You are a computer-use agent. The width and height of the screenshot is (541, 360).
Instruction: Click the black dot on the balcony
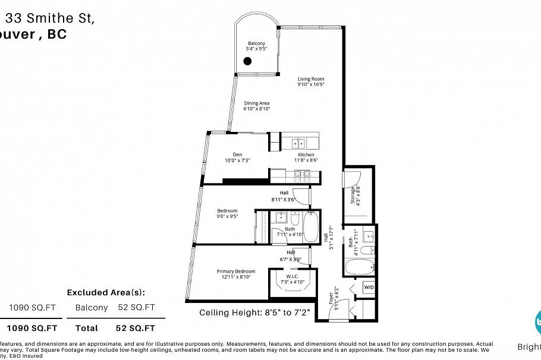pyautogui.click(x=247, y=61)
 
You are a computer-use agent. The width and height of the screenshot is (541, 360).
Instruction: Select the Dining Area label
pyautogui.click(x=257, y=103)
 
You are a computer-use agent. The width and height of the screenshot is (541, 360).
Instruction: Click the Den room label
pyautogui.click(x=229, y=154)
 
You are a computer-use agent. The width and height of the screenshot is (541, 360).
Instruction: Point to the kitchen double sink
pyautogui.click(x=297, y=143)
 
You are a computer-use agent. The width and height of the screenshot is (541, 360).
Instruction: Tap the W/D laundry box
pyautogui.click(x=368, y=288)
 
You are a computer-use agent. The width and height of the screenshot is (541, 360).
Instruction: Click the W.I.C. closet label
pyautogui.click(x=292, y=276)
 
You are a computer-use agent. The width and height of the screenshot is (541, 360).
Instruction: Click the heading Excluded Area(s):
pyautogui.click(x=106, y=292)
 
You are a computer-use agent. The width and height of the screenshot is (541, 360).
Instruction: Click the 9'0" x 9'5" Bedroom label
pyautogui.click(x=227, y=211)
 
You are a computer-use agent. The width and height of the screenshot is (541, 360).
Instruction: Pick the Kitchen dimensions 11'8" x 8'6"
pyautogui.click(x=306, y=160)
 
